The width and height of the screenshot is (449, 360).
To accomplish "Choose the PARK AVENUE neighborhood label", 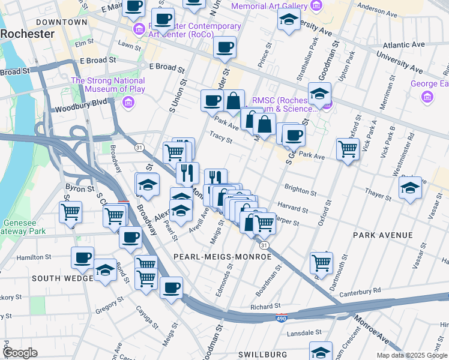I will click(x=383, y=235).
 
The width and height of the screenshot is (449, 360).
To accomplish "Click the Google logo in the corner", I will click(x=20, y=353).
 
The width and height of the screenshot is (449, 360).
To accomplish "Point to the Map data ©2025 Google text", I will click(x=412, y=355).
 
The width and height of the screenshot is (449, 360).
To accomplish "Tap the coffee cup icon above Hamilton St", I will click(x=83, y=258).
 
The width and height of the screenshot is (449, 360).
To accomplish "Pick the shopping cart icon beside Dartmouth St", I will click(x=322, y=262).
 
